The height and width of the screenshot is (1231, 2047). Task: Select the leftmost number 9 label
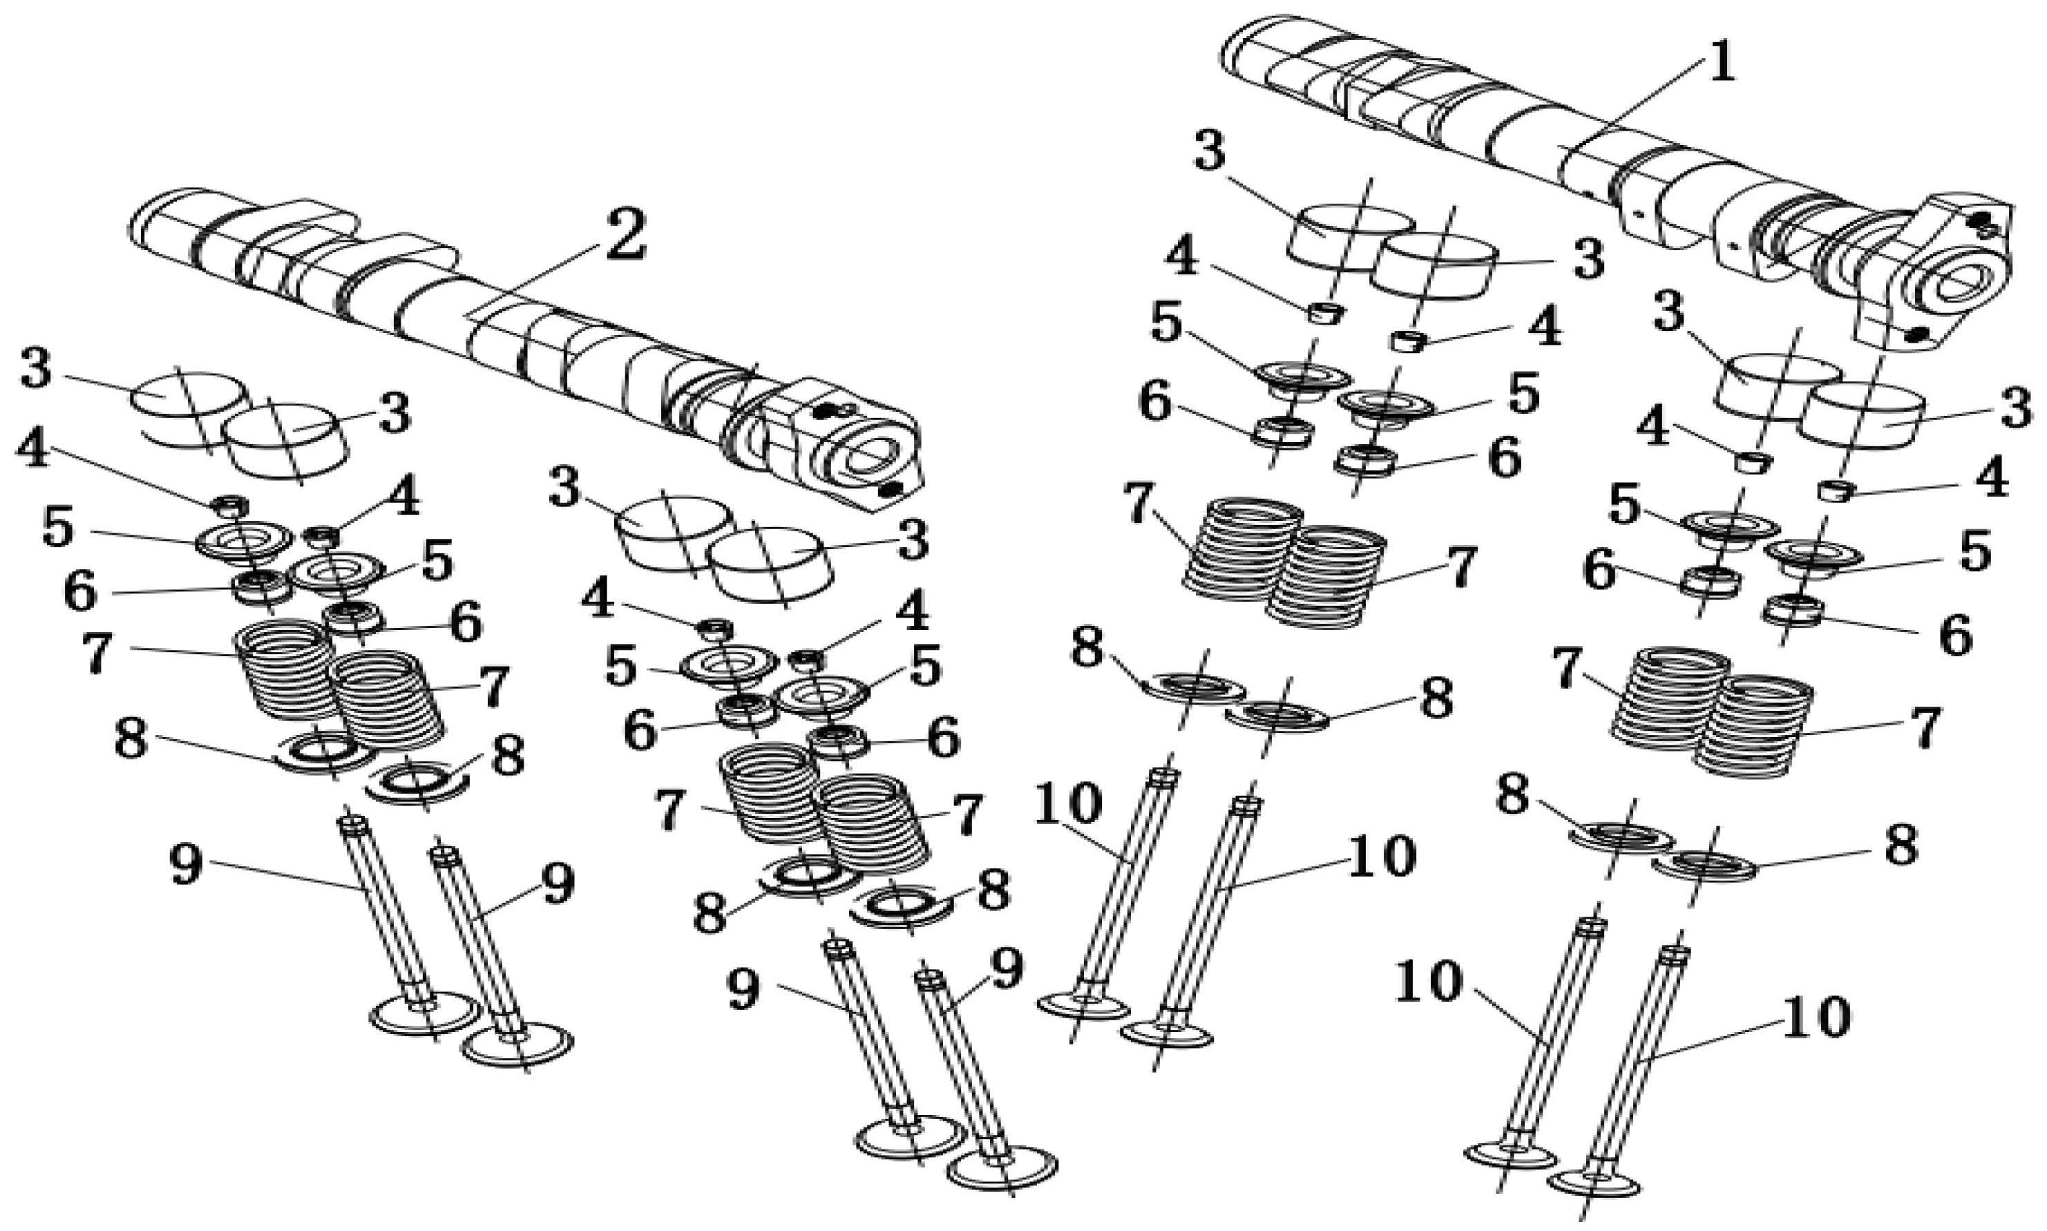point(185,866)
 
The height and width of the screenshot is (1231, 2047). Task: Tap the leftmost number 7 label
point(96,653)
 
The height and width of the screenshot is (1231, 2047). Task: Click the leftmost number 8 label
point(130,739)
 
